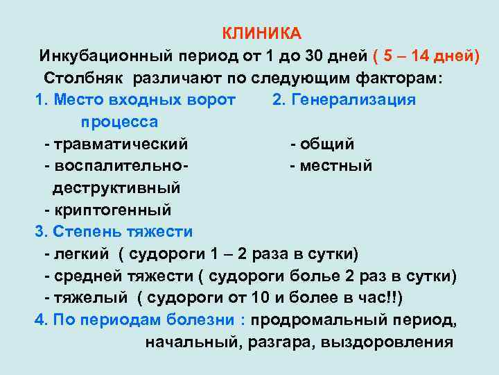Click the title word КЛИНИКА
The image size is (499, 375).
(261, 33)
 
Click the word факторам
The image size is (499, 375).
(399, 78)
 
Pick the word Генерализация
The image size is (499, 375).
(353, 100)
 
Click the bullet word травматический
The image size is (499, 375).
(122, 144)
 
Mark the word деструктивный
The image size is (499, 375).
(117, 187)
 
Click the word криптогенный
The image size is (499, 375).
(112, 209)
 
